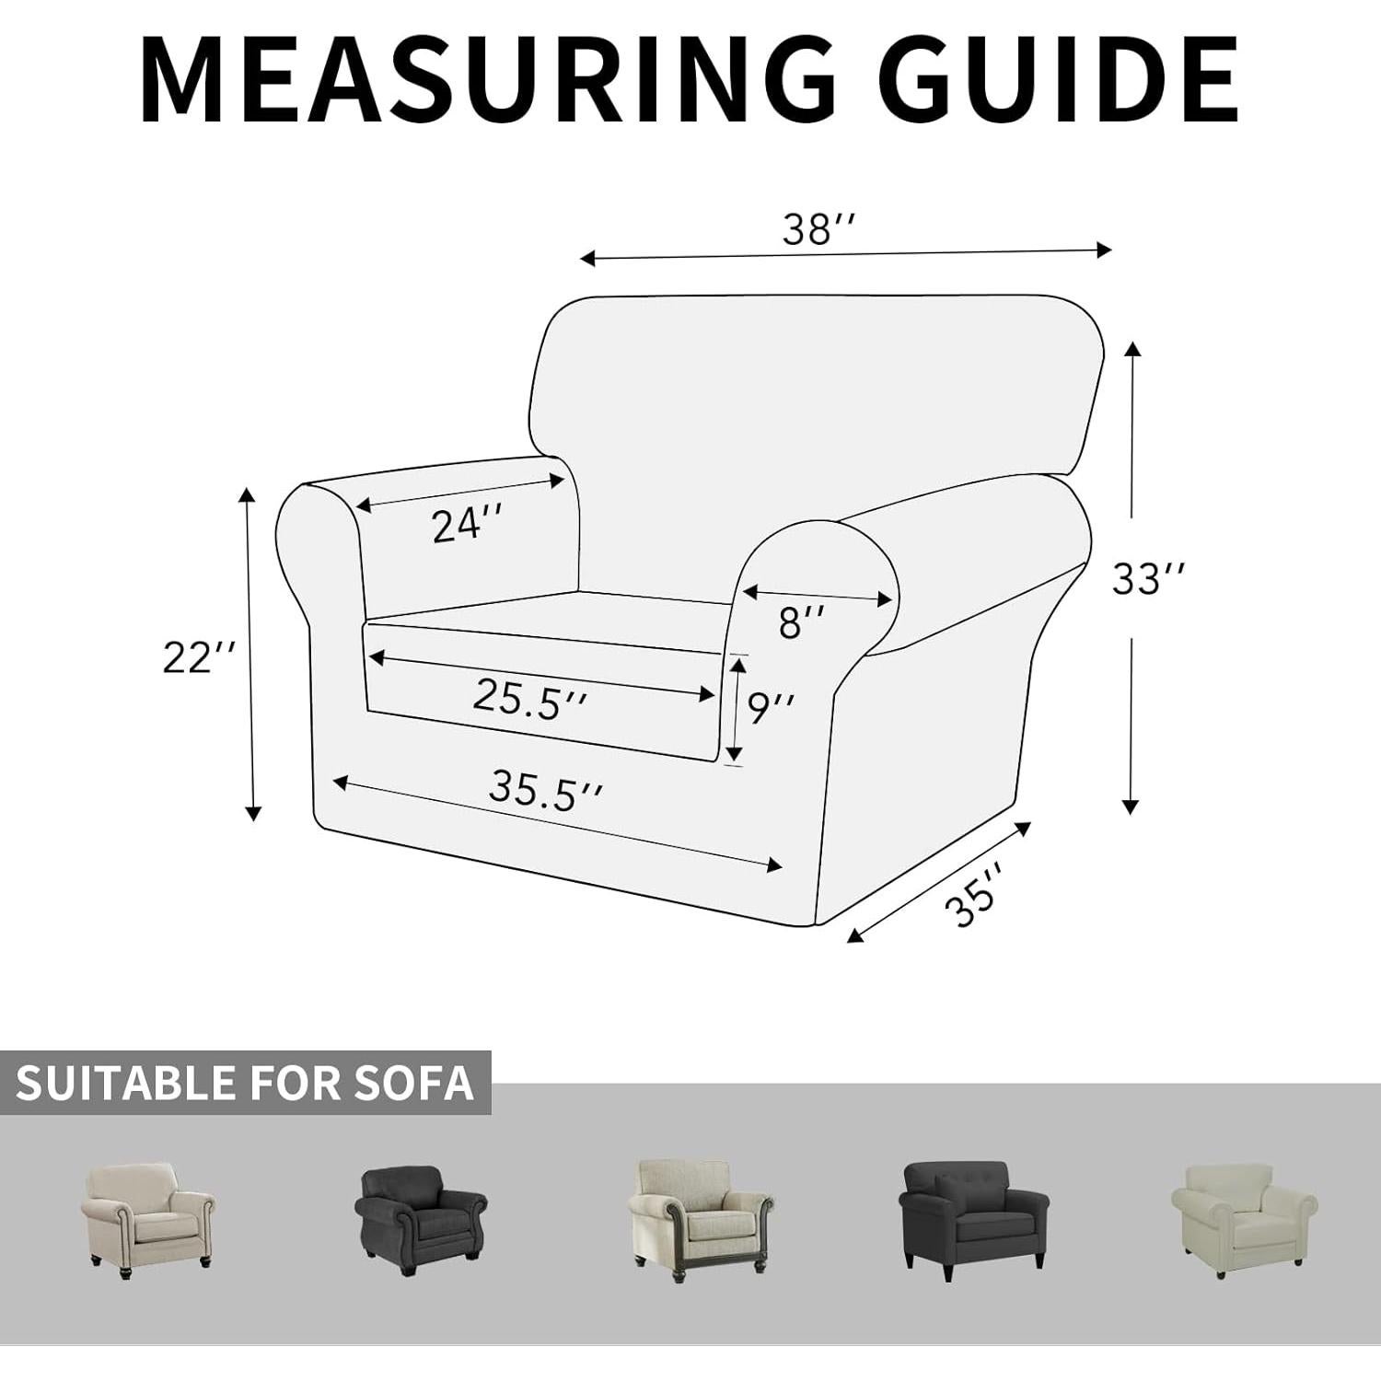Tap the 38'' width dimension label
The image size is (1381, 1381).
point(818,228)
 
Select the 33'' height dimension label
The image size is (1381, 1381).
point(1148,579)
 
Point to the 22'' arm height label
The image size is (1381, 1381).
point(199,657)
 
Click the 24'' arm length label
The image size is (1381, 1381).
point(468,525)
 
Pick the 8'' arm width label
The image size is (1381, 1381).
point(801,622)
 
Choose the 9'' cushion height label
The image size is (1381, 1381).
point(771,708)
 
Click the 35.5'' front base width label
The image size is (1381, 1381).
point(545,790)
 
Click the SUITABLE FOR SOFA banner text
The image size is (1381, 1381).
point(245,1084)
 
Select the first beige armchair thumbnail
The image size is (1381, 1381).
point(147,1214)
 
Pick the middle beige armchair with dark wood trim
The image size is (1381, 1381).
point(700,1214)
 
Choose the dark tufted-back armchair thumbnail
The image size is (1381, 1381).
point(971,1215)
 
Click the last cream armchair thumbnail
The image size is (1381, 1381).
point(1244,1215)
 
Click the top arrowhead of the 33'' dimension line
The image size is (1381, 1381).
point(1133,349)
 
